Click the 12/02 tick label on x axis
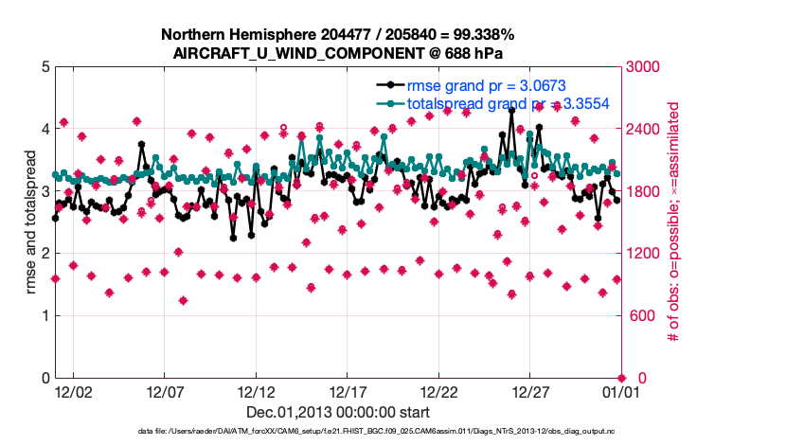click(x=73, y=391)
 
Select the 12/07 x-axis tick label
click(x=165, y=391)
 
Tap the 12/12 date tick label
click(x=257, y=391)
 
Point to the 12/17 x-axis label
click(x=348, y=391)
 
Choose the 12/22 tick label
click(x=439, y=391)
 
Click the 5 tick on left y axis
click(x=45, y=67)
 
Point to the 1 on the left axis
click(x=45, y=316)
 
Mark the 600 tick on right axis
click(x=643, y=316)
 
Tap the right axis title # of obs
click(x=674, y=222)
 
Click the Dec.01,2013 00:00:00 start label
click(x=337, y=412)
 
